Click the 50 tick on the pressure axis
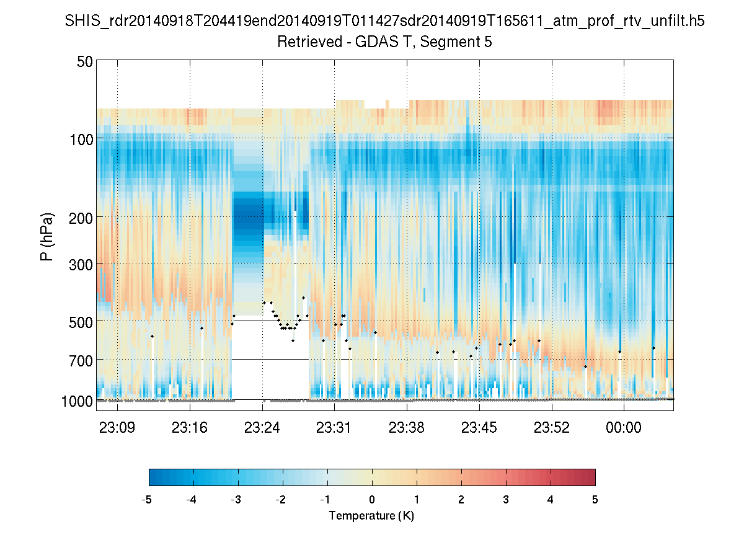coord(85,61)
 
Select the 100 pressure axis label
coord(81,139)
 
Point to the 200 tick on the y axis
coord(81,218)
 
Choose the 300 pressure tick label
coord(81,264)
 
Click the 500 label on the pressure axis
coord(81,322)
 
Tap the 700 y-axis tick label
coord(81,360)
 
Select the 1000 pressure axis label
coord(77,401)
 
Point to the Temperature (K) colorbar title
coord(371,515)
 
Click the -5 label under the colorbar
coord(147,500)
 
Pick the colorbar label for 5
coord(595,500)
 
